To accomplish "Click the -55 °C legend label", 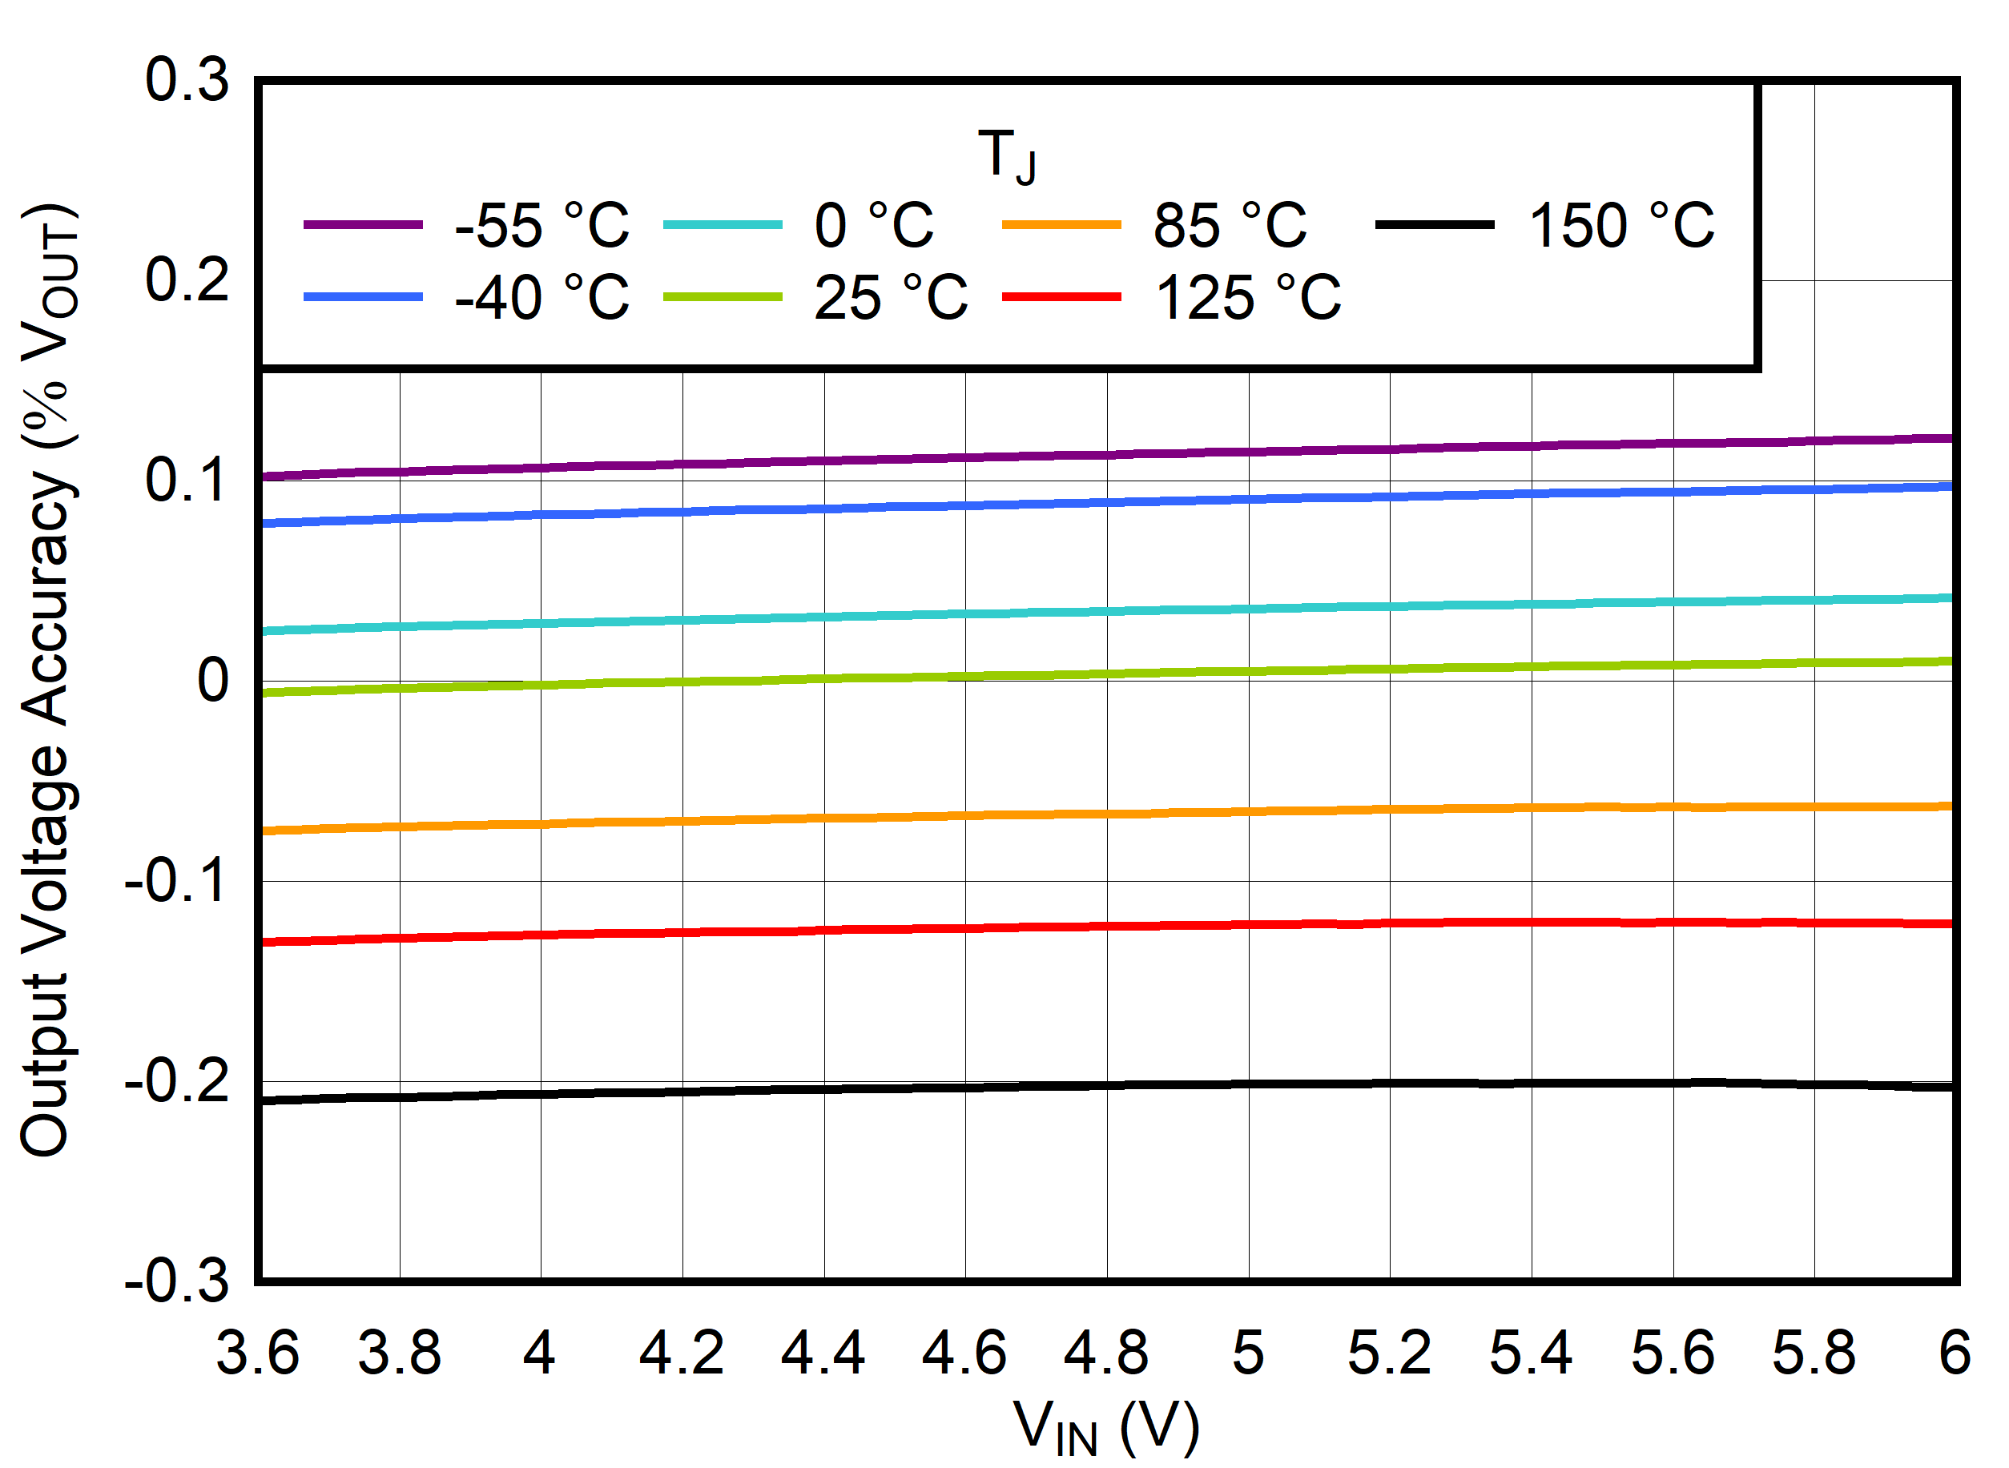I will tap(542, 226).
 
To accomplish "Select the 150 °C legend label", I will tap(1621, 226).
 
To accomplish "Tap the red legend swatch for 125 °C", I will tap(1062, 297).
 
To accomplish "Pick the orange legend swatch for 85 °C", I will tap(1062, 226).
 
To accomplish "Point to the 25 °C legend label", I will tap(892, 298).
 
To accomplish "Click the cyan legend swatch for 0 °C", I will tap(723, 226).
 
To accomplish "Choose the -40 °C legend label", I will tap(542, 298).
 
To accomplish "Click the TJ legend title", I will tap(1008, 156).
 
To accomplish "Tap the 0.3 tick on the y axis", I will tap(187, 80).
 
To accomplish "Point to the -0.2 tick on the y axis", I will tap(177, 1082).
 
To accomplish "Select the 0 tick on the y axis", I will tap(213, 682).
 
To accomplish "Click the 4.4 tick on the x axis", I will tap(823, 1353).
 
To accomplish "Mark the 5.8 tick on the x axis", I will tap(1814, 1353).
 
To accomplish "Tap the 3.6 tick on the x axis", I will tap(258, 1353).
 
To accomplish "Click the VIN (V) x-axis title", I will tap(1107, 1428).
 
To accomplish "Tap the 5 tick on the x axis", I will tap(1248, 1353).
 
